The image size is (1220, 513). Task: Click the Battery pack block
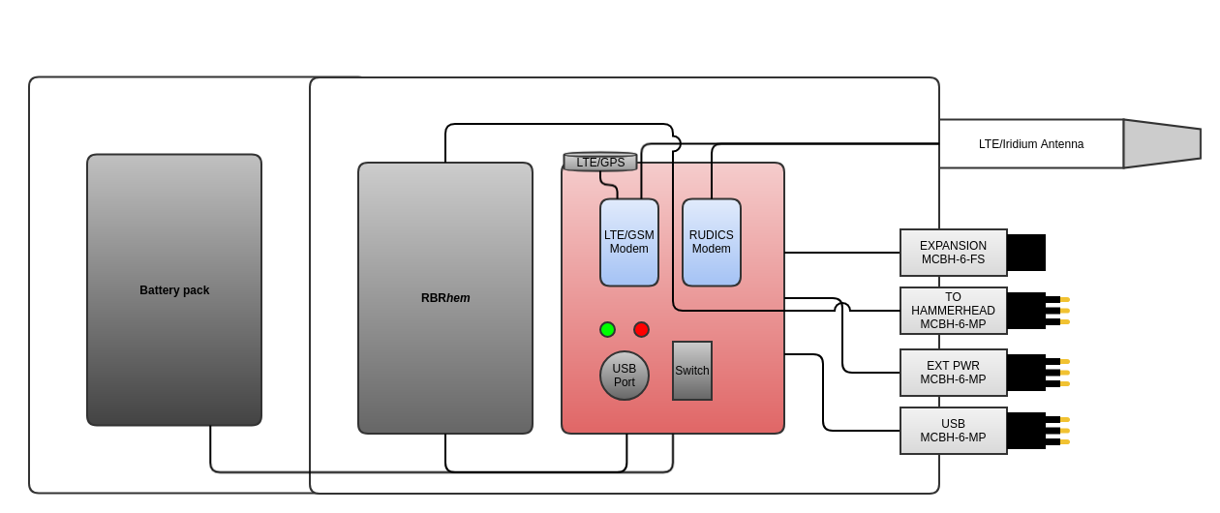coord(174,289)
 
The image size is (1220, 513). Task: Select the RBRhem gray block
coord(445,298)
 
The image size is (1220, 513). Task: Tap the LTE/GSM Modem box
coord(629,242)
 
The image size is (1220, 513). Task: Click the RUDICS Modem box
coord(712,242)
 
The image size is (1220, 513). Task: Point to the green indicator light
coord(607,329)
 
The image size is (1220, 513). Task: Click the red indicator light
coord(641,329)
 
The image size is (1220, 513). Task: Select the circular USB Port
coord(625,376)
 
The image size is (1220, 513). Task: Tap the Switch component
coord(692,371)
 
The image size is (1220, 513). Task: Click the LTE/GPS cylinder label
coord(600,162)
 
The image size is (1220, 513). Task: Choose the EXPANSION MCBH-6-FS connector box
coord(953,253)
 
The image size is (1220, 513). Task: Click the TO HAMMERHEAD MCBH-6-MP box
coord(953,311)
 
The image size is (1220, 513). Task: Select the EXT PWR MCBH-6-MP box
coord(953,373)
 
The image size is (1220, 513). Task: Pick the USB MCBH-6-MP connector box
coord(953,431)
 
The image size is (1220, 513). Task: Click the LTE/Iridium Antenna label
coord(1030,144)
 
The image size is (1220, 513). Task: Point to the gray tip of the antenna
coord(1161,143)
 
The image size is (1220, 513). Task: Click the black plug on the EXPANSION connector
coord(1026,253)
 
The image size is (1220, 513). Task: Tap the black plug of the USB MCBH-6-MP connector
coord(1026,431)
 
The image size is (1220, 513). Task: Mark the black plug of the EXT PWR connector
coord(1026,373)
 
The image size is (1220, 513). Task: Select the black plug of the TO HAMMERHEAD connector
coord(1026,311)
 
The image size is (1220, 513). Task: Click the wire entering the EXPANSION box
coord(842,253)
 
